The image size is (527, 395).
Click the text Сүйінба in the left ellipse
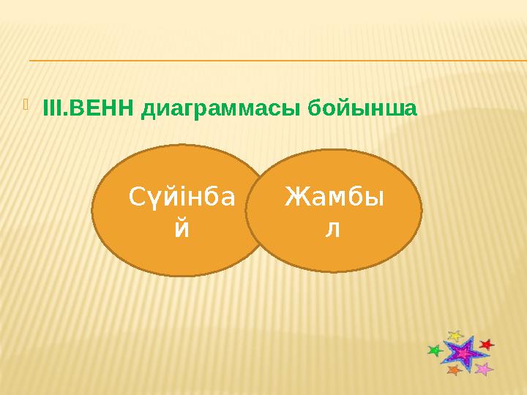coord(182,197)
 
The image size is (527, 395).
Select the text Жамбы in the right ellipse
coord(335,197)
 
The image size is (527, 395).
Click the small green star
coord(435,351)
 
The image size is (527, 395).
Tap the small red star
coord(486,343)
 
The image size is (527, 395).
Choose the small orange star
coord(453,371)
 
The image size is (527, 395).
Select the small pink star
coord(483,369)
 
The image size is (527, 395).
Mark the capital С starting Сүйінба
coord(137,197)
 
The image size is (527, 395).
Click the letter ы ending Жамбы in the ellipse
coord(375,198)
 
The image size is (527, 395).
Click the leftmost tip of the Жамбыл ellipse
coord(246,211)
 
